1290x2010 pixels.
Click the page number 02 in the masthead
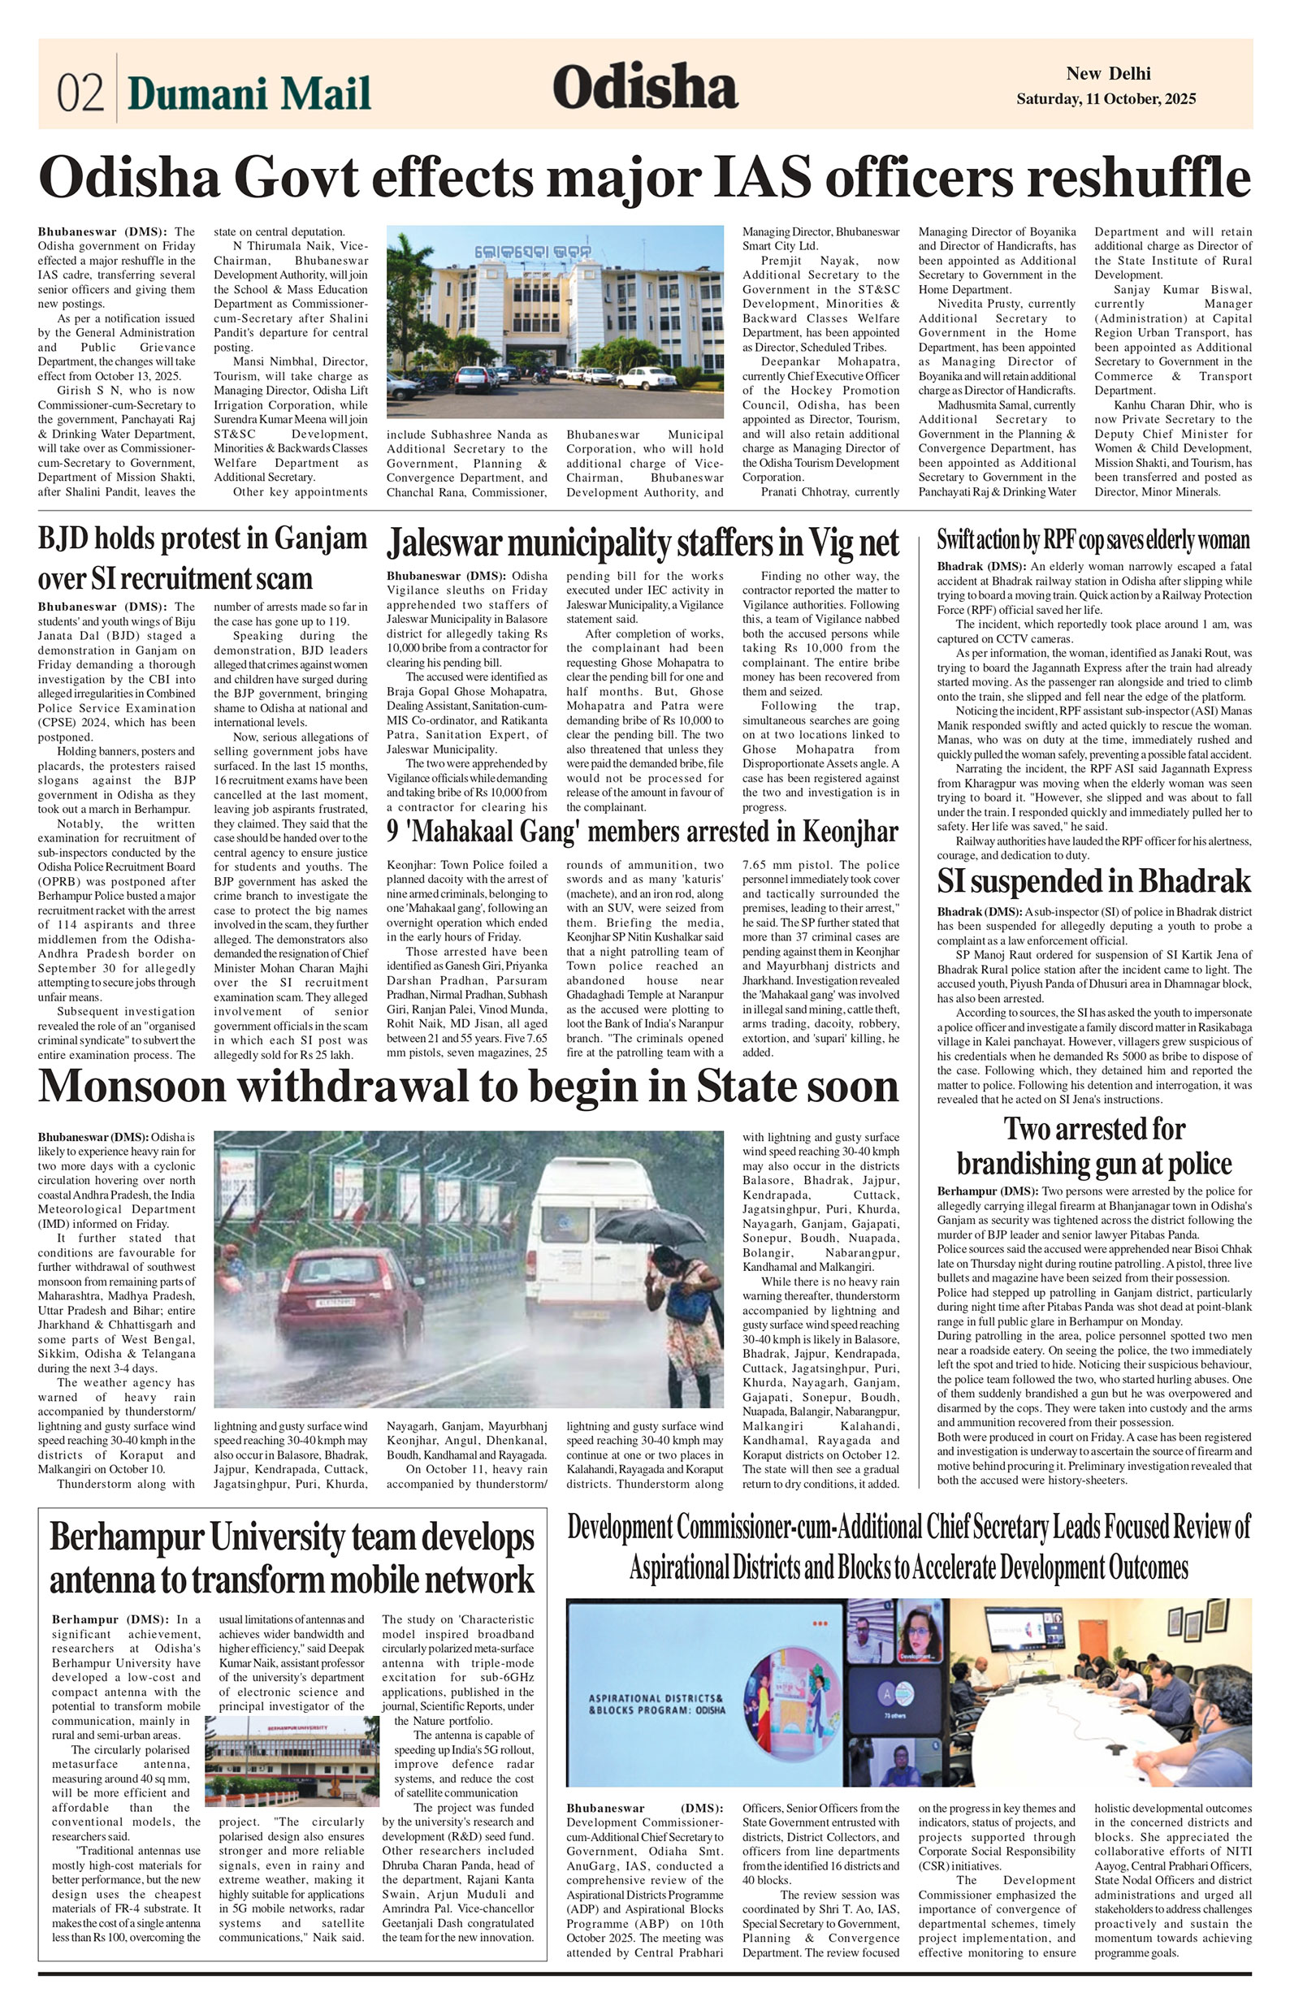80,92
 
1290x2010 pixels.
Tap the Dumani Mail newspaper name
249,93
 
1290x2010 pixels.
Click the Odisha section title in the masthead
644,87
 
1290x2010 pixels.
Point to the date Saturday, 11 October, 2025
1106,99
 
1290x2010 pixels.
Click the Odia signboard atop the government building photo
533,250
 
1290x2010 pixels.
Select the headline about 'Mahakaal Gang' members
642,832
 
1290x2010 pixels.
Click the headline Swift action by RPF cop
1093,539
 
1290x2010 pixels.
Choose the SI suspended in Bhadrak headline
1093,881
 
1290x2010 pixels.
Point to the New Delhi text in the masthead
1107,74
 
